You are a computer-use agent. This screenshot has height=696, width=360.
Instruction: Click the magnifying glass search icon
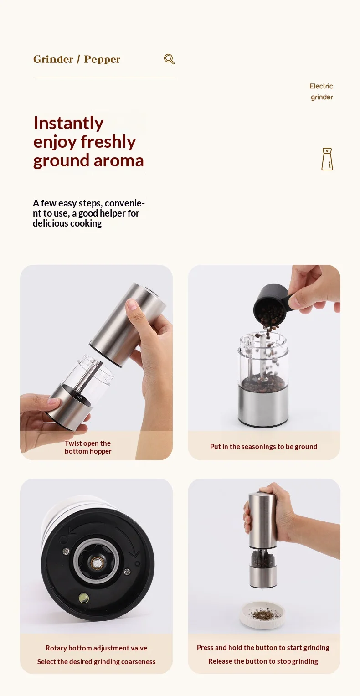click(169, 59)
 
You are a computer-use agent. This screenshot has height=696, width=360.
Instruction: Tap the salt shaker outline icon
click(327, 159)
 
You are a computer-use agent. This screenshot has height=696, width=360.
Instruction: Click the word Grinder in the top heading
click(53, 59)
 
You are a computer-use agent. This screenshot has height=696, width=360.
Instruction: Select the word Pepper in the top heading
click(102, 59)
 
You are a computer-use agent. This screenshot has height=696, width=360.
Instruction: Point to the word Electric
click(321, 86)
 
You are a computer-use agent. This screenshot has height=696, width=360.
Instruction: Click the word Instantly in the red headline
click(68, 123)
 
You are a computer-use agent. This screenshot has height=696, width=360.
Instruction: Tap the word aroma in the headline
click(118, 160)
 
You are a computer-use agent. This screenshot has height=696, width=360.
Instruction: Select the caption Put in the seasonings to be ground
click(264, 447)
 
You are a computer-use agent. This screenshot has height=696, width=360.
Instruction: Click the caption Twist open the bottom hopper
click(88, 447)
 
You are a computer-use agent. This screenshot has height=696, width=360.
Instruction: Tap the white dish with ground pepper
click(262, 615)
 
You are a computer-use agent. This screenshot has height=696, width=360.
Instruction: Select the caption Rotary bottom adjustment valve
click(96, 648)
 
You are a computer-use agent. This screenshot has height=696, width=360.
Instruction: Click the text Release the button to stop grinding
click(263, 661)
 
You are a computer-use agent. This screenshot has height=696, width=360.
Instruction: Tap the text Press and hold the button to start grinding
click(263, 648)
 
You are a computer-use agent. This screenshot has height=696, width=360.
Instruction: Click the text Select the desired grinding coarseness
click(96, 661)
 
